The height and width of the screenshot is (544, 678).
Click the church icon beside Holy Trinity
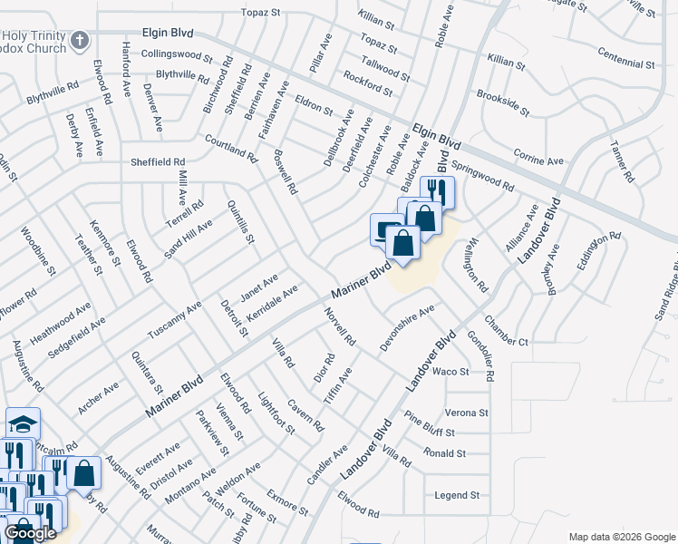pos(80,40)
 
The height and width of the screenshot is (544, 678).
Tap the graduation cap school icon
pos(24,423)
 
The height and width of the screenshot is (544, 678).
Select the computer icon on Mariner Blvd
pos(387,228)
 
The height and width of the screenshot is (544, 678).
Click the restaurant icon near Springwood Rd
pos(438,190)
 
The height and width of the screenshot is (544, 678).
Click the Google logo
pos(30,533)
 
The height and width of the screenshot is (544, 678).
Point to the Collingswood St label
pos(177,54)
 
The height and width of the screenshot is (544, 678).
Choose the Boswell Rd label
pos(285,172)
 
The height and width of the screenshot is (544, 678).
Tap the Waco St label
pos(450,372)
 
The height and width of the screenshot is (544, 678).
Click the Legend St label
pos(456,495)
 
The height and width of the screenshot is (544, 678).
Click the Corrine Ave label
pos(538,156)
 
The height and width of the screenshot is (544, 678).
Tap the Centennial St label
pos(626,64)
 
